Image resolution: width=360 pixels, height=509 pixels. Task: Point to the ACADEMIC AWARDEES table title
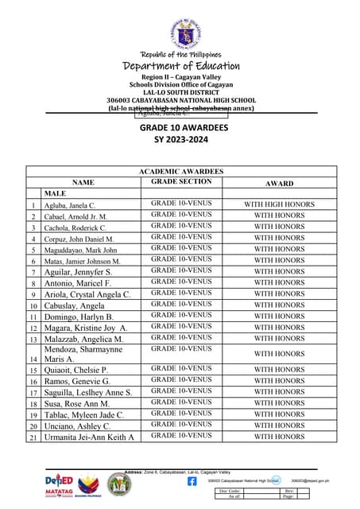point(181,171)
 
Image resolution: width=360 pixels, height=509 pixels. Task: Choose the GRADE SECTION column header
point(181,182)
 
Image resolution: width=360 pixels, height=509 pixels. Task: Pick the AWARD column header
point(279,182)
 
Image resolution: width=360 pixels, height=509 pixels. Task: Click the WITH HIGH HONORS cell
point(279,204)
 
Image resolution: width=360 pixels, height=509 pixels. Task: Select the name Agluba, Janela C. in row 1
point(70,205)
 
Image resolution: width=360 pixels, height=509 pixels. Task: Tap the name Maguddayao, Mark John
point(80,250)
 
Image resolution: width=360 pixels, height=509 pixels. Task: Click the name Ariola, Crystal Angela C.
point(87,294)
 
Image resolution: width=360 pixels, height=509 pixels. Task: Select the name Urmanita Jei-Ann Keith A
point(88,437)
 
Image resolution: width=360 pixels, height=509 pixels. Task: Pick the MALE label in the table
point(56,193)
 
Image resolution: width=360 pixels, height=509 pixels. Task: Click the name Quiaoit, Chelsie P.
point(76,370)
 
